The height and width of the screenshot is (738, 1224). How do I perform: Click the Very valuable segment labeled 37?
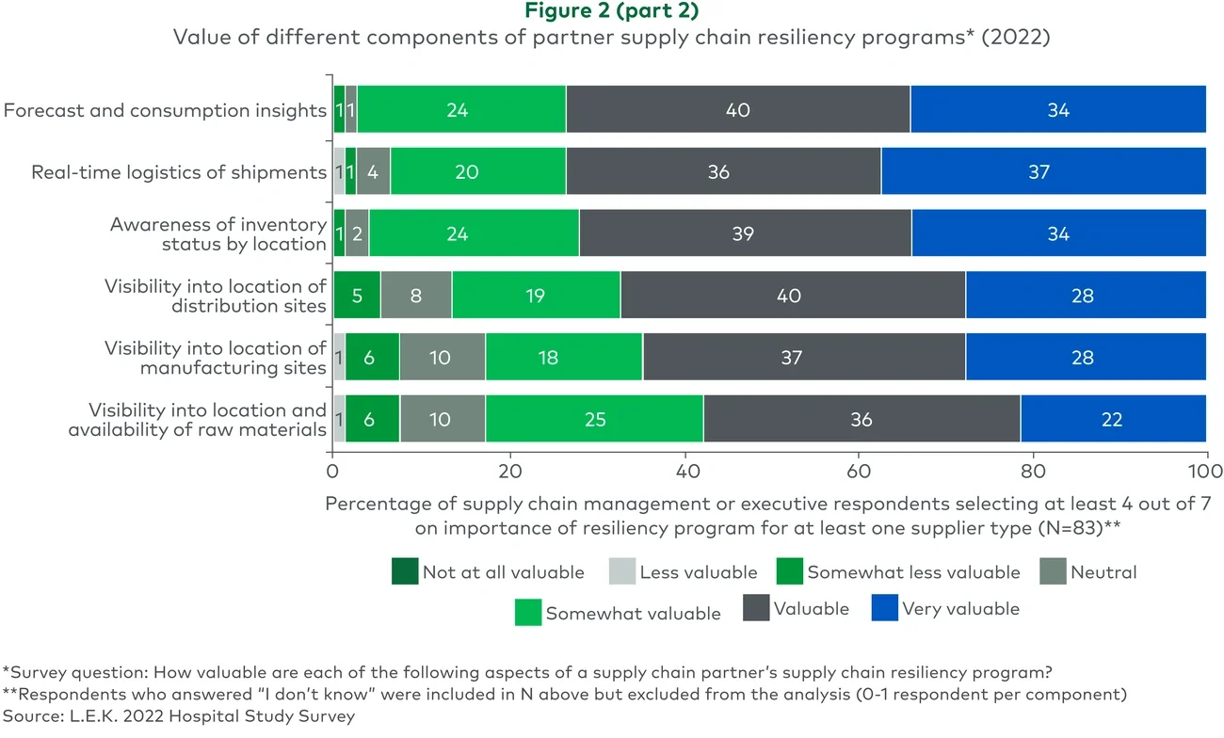point(1042,171)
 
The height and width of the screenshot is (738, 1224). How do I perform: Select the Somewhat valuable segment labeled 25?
point(594,419)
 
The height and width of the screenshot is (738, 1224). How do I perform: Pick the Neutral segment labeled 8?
point(416,296)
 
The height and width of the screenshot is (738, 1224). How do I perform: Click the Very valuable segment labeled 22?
point(1113,419)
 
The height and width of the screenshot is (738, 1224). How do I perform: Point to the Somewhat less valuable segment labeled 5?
point(357,296)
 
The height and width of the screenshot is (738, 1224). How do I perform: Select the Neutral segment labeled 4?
point(373,171)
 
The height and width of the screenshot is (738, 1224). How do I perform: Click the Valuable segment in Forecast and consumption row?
point(737,110)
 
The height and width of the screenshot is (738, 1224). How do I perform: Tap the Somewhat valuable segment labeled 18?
point(563,358)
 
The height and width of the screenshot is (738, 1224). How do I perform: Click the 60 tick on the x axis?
point(858,470)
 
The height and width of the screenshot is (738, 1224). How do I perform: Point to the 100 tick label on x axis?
point(1205,470)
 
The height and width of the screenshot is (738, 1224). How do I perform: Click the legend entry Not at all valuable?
point(503,572)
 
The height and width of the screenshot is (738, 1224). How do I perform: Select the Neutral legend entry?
point(1103,572)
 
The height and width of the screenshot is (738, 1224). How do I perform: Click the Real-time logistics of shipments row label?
point(179,172)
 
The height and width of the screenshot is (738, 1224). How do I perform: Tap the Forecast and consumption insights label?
point(165,110)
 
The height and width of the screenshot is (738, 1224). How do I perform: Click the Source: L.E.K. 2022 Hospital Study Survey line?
point(179,715)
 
